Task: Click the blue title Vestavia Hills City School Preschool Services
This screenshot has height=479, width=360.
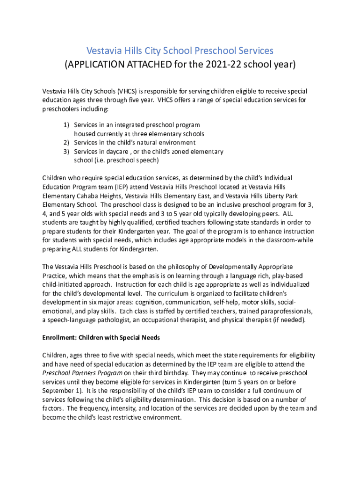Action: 180,51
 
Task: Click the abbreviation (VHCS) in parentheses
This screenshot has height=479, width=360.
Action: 127,91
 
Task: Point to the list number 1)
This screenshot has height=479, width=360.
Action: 66,125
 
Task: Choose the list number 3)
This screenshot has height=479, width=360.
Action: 66,152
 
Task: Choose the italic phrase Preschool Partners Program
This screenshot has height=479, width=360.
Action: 82,373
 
